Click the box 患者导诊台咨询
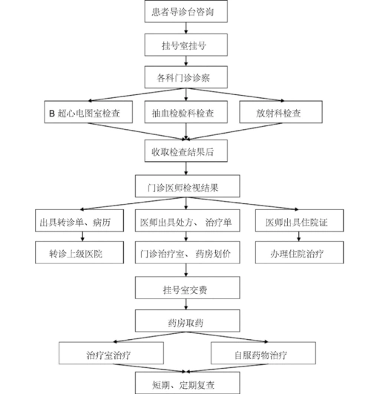point(185,13)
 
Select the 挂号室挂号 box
point(185,45)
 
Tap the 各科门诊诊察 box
point(185,77)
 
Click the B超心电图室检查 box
point(85,114)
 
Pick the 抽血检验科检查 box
point(185,114)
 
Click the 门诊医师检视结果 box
point(185,185)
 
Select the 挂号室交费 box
point(185,287)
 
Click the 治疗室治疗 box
point(111,352)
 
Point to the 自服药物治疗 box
point(260,352)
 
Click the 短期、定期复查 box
point(185,384)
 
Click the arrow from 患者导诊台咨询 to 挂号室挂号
point(185,29)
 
